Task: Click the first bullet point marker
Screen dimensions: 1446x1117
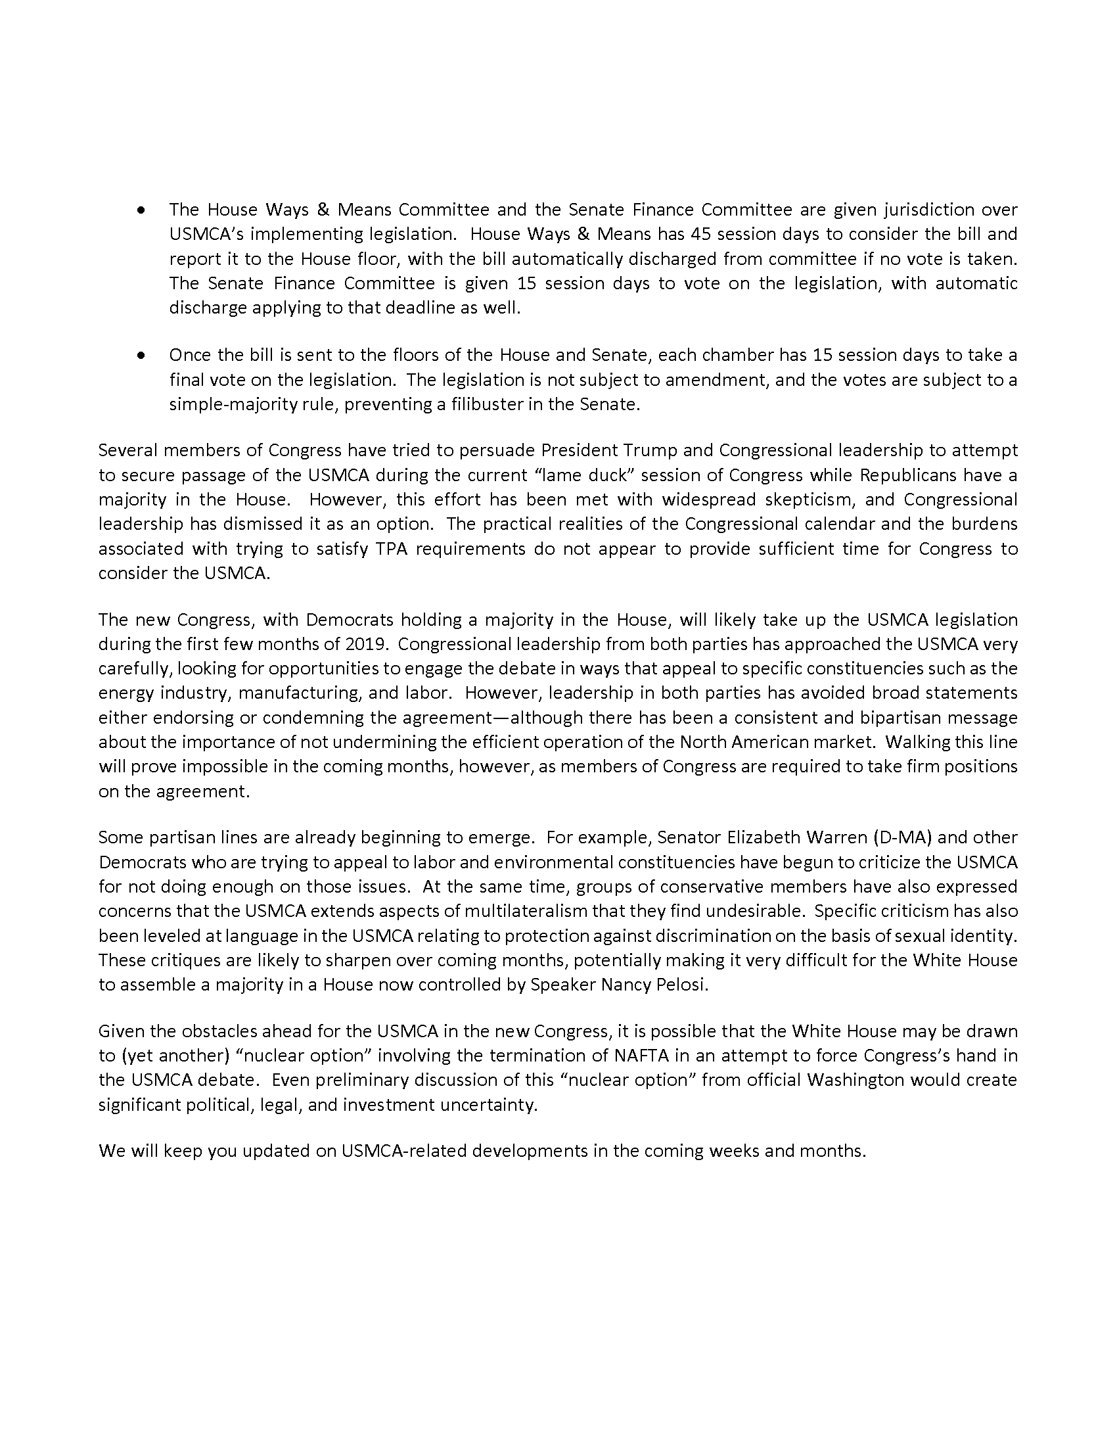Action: [x=141, y=210]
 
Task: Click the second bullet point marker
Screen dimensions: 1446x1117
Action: [x=141, y=356]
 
